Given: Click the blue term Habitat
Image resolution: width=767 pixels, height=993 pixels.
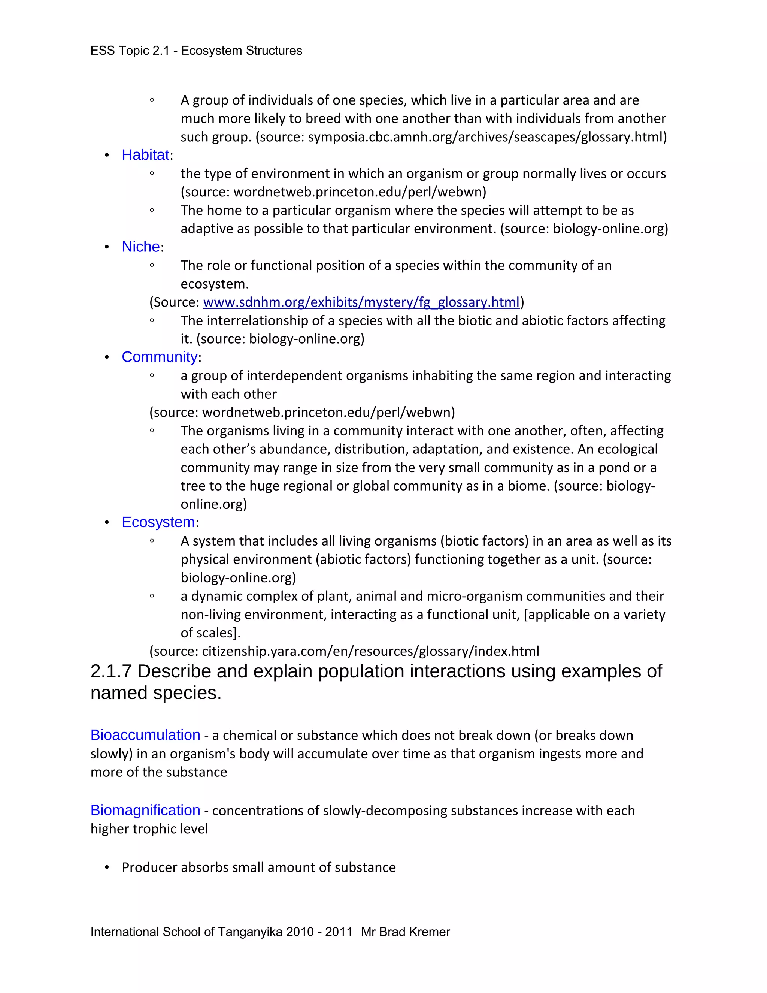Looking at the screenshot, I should (x=145, y=155).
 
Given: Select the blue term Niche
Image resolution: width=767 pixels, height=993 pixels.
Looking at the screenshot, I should (x=141, y=247).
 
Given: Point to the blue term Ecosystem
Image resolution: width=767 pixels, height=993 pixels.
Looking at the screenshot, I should (x=158, y=522).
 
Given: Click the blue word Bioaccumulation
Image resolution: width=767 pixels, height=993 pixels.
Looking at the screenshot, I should (x=145, y=735).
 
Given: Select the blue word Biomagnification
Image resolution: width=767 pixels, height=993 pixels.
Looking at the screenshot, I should (x=145, y=810).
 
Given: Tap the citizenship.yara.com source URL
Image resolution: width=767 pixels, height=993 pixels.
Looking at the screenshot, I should (x=370, y=651).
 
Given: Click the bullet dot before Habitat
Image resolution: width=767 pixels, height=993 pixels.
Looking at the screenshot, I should (x=107, y=156).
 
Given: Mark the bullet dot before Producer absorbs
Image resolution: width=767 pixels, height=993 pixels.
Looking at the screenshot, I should (x=107, y=867).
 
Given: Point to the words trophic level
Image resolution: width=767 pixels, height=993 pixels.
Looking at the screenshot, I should (x=172, y=829).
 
